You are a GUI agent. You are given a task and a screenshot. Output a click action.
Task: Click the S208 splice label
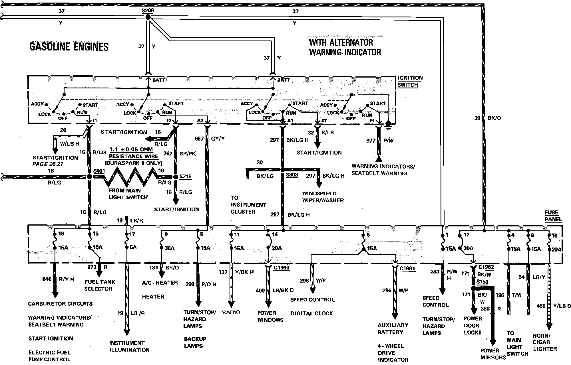pyautogui.click(x=147, y=11)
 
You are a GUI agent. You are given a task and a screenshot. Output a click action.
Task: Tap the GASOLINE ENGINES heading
pyautogui.click(x=69, y=47)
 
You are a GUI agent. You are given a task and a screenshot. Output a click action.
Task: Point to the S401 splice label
pyautogui.click(x=99, y=171)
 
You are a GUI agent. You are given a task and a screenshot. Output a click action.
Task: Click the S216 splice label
pyautogui.click(x=185, y=177)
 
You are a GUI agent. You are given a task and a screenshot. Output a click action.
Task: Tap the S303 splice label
pyautogui.click(x=292, y=175)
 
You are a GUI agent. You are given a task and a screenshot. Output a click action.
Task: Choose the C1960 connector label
pyautogui.click(x=281, y=267)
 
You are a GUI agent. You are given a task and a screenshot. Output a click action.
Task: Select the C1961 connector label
pyautogui.click(x=407, y=268)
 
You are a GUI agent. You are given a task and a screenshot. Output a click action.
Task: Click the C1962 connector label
pyautogui.click(x=486, y=267)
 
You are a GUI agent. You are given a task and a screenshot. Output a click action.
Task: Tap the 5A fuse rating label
pyautogui.click(x=133, y=248)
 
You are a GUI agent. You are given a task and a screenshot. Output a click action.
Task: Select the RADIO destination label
pyautogui.click(x=231, y=312)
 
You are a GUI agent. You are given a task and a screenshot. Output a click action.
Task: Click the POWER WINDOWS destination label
pyautogui.click(x=270, y=317)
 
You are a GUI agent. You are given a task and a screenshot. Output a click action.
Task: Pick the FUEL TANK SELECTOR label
pyautogui.click(x=99, y=285)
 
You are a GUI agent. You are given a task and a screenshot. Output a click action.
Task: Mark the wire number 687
pyautogui.click(x=199, y=139)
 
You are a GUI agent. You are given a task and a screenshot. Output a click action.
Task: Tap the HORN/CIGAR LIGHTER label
pyautogui.click(x=544, y=342)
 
